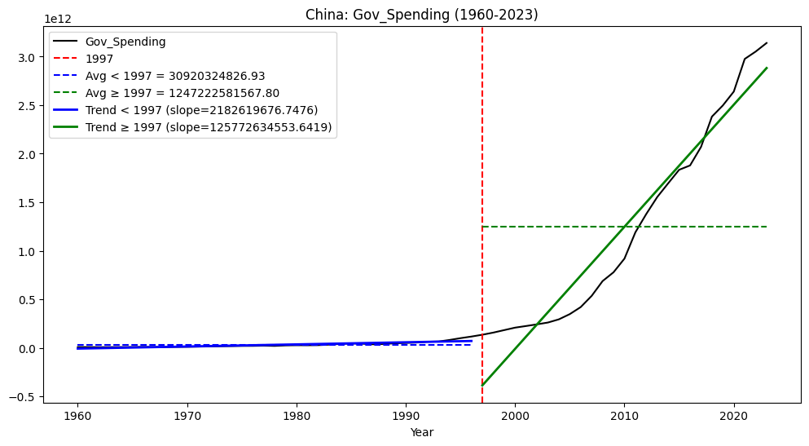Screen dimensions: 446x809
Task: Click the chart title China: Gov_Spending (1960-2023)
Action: (x=421, y=15)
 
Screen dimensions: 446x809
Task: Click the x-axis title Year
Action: (x=421, y=432)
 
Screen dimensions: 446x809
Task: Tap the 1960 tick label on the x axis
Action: (x=77, y=415)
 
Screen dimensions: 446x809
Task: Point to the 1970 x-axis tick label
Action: (x=187, y=415)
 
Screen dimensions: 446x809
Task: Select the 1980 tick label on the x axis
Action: (x=297, y=415)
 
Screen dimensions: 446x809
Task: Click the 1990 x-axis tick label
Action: (x=406, y=415)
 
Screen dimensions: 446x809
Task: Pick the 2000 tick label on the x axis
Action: (x=515, y=415)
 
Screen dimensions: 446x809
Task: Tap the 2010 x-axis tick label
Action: (x=625, y=415)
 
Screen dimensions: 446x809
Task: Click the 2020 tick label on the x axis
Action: (x=734, y=415)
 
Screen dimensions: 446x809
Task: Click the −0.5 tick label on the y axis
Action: (x=25, y=397)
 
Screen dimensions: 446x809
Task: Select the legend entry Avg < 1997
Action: (x=175, y=76)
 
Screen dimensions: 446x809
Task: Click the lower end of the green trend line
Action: (x=482, y=385)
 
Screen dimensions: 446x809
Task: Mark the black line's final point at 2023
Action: (x=767, y=43)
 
